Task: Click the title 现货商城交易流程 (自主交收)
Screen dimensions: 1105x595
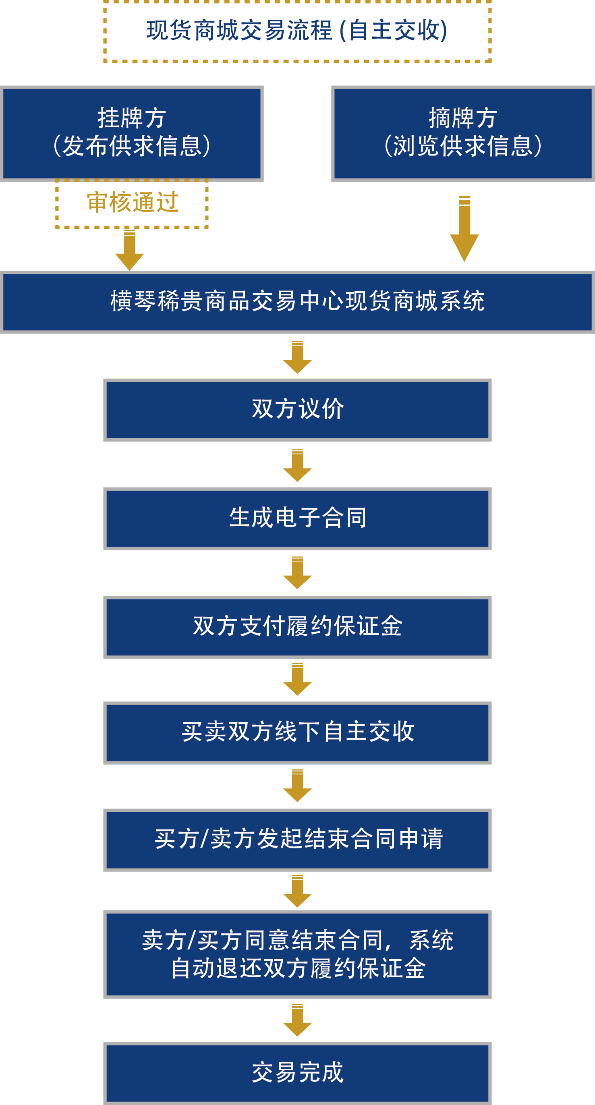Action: [297, 31]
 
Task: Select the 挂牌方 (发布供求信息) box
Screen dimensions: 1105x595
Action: [132, 133]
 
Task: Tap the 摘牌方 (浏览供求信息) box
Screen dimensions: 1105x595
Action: [463, 133]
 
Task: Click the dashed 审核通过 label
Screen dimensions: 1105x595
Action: [132, 203]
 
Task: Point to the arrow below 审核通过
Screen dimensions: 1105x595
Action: [130, 250]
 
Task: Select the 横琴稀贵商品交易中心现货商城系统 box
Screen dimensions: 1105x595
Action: [297, 302]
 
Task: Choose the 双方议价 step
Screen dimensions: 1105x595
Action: [297, 410]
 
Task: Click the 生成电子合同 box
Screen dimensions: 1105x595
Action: [297, 518]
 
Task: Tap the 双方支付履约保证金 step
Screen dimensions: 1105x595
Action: [297, 627]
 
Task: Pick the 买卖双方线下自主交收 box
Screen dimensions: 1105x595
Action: [297, 732]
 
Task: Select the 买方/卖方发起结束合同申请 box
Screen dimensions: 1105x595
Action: [297, 840]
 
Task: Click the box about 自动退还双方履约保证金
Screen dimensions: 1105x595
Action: [297, 954]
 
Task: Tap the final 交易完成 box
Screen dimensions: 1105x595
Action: [297, 1072]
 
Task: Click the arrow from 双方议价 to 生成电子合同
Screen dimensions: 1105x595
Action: [297, 465]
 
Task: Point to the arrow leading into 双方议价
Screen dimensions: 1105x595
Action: [297, 357]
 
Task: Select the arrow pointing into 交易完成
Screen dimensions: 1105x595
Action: [297, 1020]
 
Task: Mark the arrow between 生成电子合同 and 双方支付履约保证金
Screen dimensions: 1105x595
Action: [297, 573]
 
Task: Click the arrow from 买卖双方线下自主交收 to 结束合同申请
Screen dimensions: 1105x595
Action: [297, 786]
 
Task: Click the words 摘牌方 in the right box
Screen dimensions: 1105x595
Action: [463, 118]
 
